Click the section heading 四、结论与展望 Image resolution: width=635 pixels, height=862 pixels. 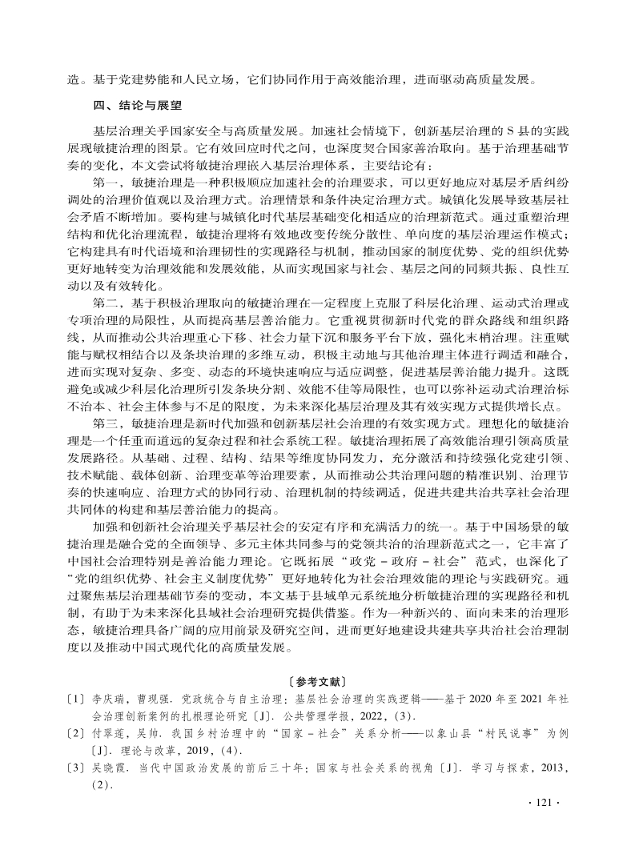click(139, 105)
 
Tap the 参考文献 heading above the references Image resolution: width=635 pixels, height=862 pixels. click(318, 682)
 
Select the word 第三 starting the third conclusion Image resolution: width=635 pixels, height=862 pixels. click(107, 423)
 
